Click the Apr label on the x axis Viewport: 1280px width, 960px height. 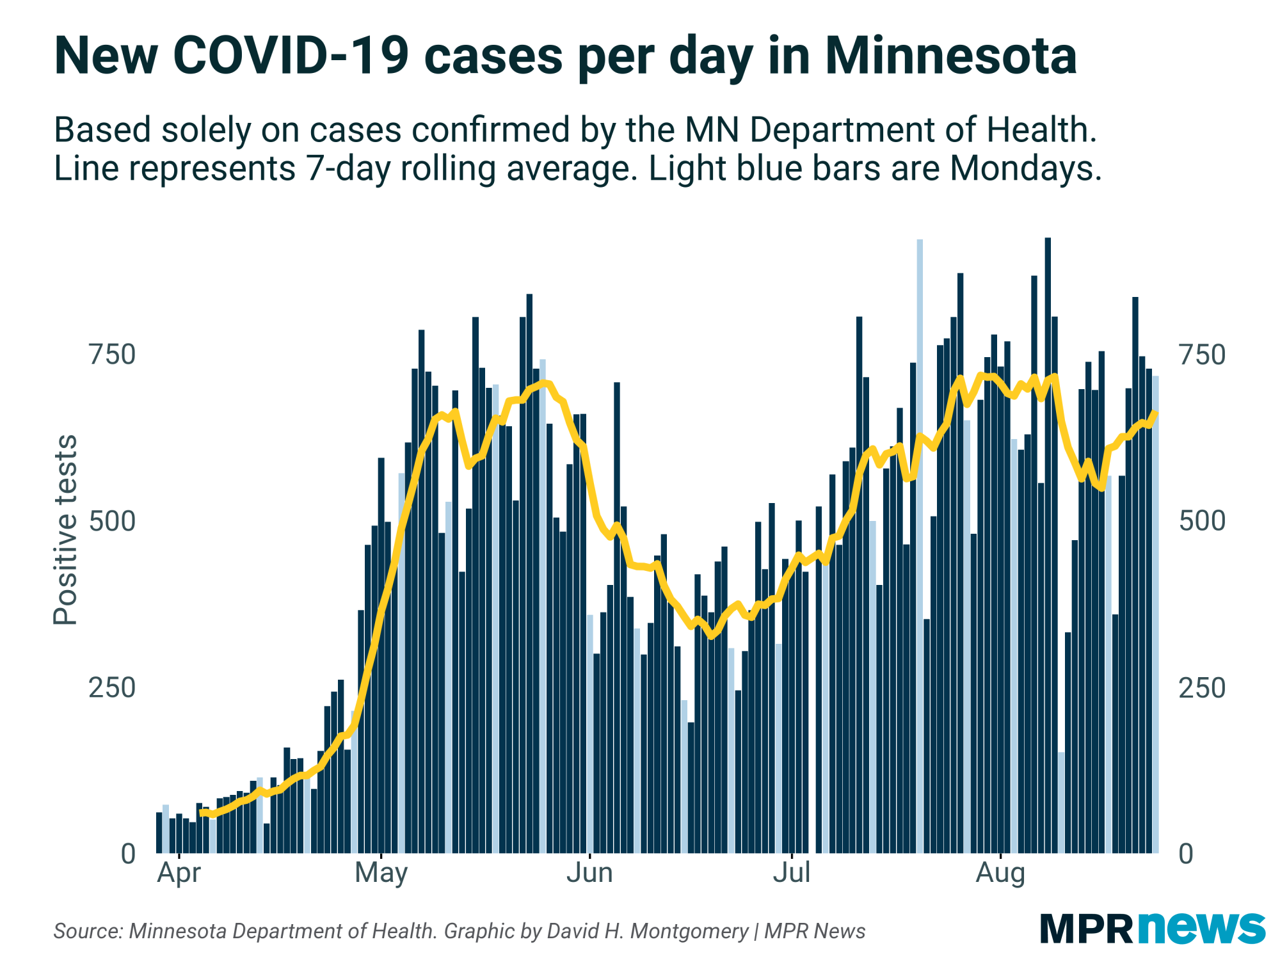point(179,873)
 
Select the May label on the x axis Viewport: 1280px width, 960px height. point(381,873)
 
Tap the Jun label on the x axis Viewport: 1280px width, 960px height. point(589,873)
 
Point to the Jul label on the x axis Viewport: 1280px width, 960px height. point(792,873)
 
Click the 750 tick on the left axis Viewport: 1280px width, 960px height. point(113,355)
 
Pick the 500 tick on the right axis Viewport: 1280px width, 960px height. point(1202,522)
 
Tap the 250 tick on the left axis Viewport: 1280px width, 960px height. point(113,688)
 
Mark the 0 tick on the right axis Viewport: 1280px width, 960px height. point(1186,854)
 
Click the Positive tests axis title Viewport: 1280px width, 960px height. point(65,530)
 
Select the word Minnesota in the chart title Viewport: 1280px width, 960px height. point(950,56)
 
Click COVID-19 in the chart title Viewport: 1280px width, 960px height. point(291,56)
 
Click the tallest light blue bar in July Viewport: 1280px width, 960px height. point(920,544)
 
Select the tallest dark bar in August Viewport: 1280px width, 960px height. point(1048,544)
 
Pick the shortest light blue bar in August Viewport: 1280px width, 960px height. point(1061,803)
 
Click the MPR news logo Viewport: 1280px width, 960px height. point(1153,929)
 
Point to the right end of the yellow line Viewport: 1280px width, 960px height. point(1155,413)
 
